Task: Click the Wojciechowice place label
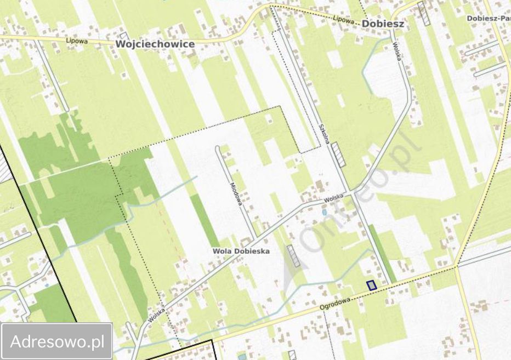(x=155, y=43)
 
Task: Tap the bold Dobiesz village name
(x=383, y=24)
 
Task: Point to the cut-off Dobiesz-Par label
(x=489, y=18)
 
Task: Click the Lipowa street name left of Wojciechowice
(x=76, y=41)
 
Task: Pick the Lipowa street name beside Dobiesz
(x=344, y=19)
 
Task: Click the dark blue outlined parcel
(x=371, y=285)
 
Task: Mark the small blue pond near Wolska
(x=324, y=211)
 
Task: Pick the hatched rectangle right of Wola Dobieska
(x=293, y=256)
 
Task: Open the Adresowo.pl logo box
(x=57, y=341)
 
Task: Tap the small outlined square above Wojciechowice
(x=124, y=36)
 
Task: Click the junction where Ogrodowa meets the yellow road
(x=456, y=266)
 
